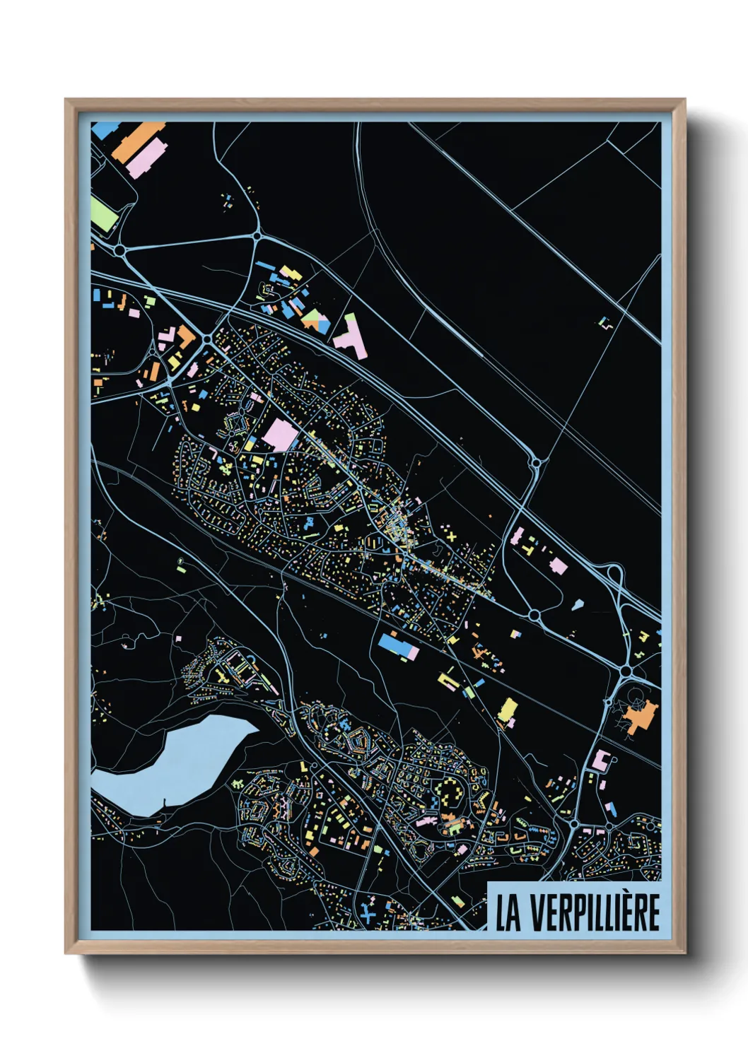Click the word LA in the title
508,912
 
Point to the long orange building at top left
139,141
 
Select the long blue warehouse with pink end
397,646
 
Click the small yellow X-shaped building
452,538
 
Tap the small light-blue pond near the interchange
577,605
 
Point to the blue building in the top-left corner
105,129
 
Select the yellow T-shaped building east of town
447,680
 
